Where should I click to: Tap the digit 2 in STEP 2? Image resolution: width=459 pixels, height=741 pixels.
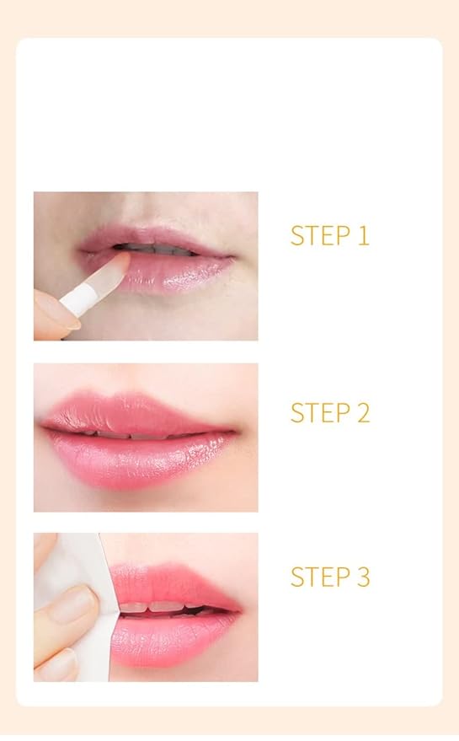tap(362, 413)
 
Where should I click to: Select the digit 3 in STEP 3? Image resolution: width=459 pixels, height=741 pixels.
tap(362, 577)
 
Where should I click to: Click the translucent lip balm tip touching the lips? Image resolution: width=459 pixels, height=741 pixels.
tap(113, 267)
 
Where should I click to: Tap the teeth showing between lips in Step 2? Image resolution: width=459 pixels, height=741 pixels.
tap(126, 434)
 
